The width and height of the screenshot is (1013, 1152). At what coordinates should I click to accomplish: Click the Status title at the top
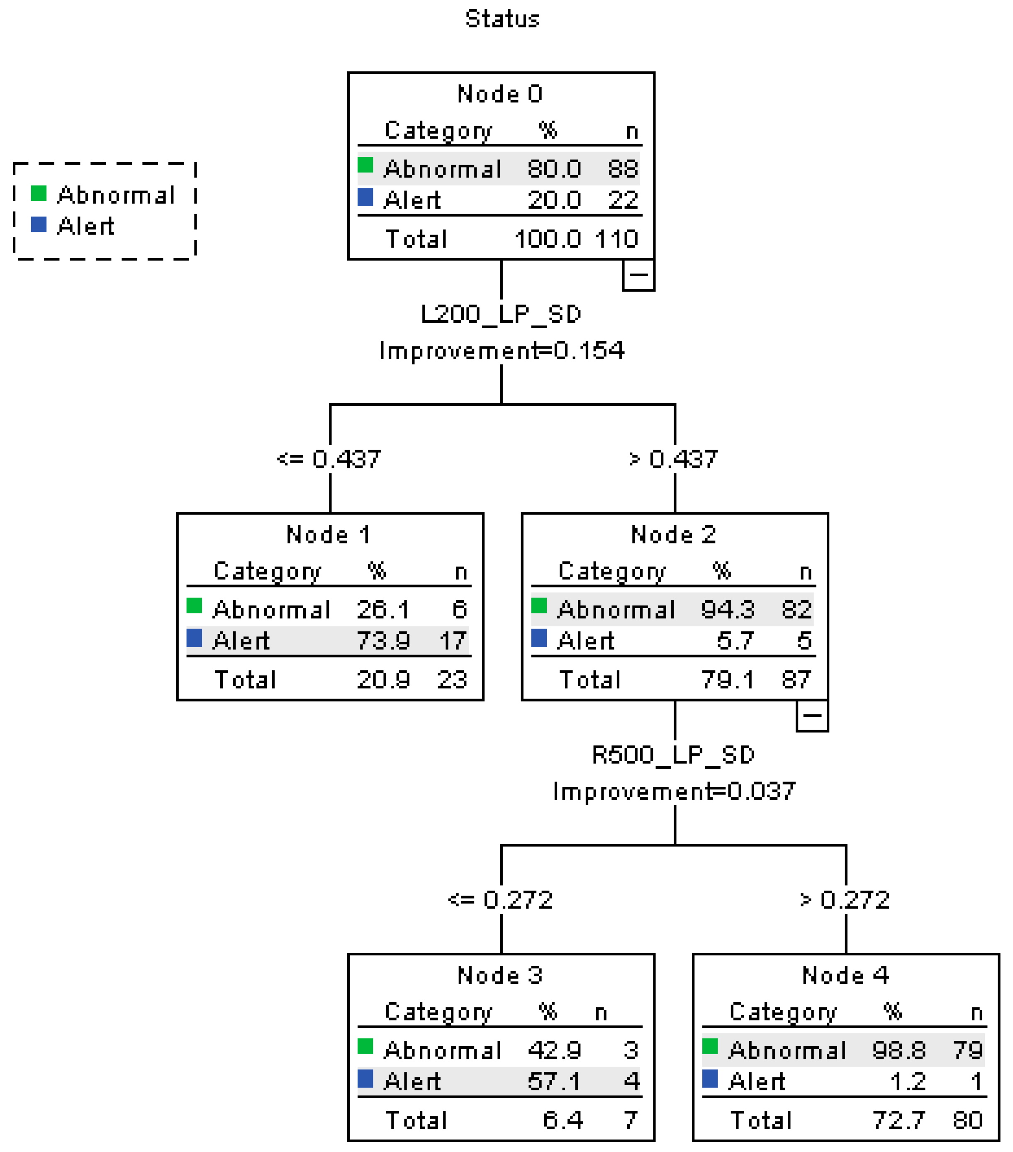[502, 19]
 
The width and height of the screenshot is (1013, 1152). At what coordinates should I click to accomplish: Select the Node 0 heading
[499, 94]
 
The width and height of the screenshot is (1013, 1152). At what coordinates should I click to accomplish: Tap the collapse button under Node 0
[638, 275]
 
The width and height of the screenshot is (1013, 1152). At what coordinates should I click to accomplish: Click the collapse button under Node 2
[812, 716]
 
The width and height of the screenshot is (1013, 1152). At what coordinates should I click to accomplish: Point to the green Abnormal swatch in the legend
[38, 193]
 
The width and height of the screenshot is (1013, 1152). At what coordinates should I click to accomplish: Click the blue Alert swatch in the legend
[38, 224]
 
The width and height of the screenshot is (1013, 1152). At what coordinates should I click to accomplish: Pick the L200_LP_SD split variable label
[501, 314]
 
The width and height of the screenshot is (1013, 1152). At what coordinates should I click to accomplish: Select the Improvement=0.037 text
[674, 791]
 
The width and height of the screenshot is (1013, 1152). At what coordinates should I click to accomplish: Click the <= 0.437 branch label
[329, 459]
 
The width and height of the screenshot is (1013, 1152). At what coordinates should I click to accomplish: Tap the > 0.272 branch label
[845, 899]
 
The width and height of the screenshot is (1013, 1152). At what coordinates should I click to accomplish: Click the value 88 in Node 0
[622, 168]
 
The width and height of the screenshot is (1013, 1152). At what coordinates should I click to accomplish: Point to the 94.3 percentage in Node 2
[728, 609]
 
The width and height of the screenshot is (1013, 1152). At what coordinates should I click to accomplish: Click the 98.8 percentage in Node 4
[899, 1050]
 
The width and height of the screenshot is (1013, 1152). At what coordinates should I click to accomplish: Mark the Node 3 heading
[499, 975]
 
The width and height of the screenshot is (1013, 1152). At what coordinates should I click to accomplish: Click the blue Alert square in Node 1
[195, 638]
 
